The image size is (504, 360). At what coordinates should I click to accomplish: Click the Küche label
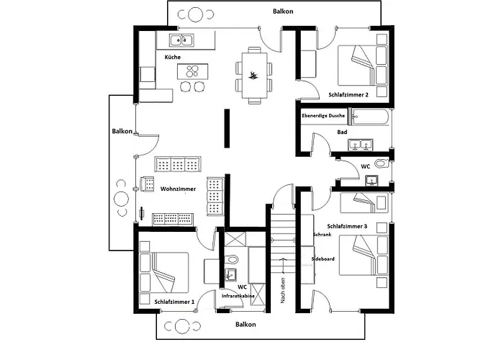[x=173, y=57]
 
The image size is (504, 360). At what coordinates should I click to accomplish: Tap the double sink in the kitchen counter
[x=181, y=40]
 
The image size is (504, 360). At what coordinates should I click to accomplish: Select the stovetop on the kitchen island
[x=192, y=71]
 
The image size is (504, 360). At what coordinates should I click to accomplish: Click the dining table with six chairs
[x=254, y=75]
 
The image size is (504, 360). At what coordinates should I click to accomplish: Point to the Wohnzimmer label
[x=178, y=189]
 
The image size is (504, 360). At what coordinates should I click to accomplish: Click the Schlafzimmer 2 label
[x=348, y=95]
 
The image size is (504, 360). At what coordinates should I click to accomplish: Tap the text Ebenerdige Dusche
[x=323, y=116]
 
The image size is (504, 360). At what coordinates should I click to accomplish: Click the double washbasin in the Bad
[x=360, y=145]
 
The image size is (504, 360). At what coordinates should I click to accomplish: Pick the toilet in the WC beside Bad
[x=382, y=163]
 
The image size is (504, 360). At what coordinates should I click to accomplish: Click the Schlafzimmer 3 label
[x=347, y=226]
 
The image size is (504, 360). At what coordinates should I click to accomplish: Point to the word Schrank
[x=322, y=235]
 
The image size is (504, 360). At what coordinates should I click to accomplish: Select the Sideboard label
[x=323, y=258]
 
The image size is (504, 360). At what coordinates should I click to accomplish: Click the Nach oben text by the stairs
[x=283, y=291]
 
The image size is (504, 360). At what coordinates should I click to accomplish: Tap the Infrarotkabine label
[x=238, y=296]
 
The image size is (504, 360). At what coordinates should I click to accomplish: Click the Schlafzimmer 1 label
[x=174, y=302]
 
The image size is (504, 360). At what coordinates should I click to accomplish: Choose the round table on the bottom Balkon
[x=182, y=326]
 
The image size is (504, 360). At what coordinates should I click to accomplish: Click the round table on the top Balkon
[x=195, y=14]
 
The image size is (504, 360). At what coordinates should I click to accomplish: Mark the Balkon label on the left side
[x=122, y=131]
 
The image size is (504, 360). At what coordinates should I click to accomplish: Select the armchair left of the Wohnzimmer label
[x=147, y=184]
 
